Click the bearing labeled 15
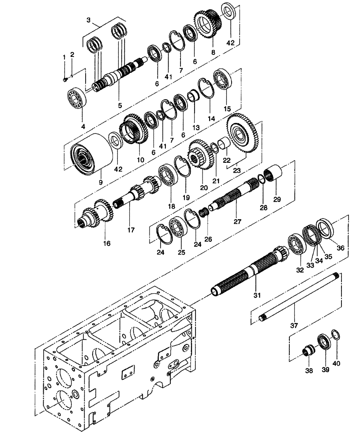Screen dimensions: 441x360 pos(223,82)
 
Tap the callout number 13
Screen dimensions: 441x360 pos(196,127)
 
